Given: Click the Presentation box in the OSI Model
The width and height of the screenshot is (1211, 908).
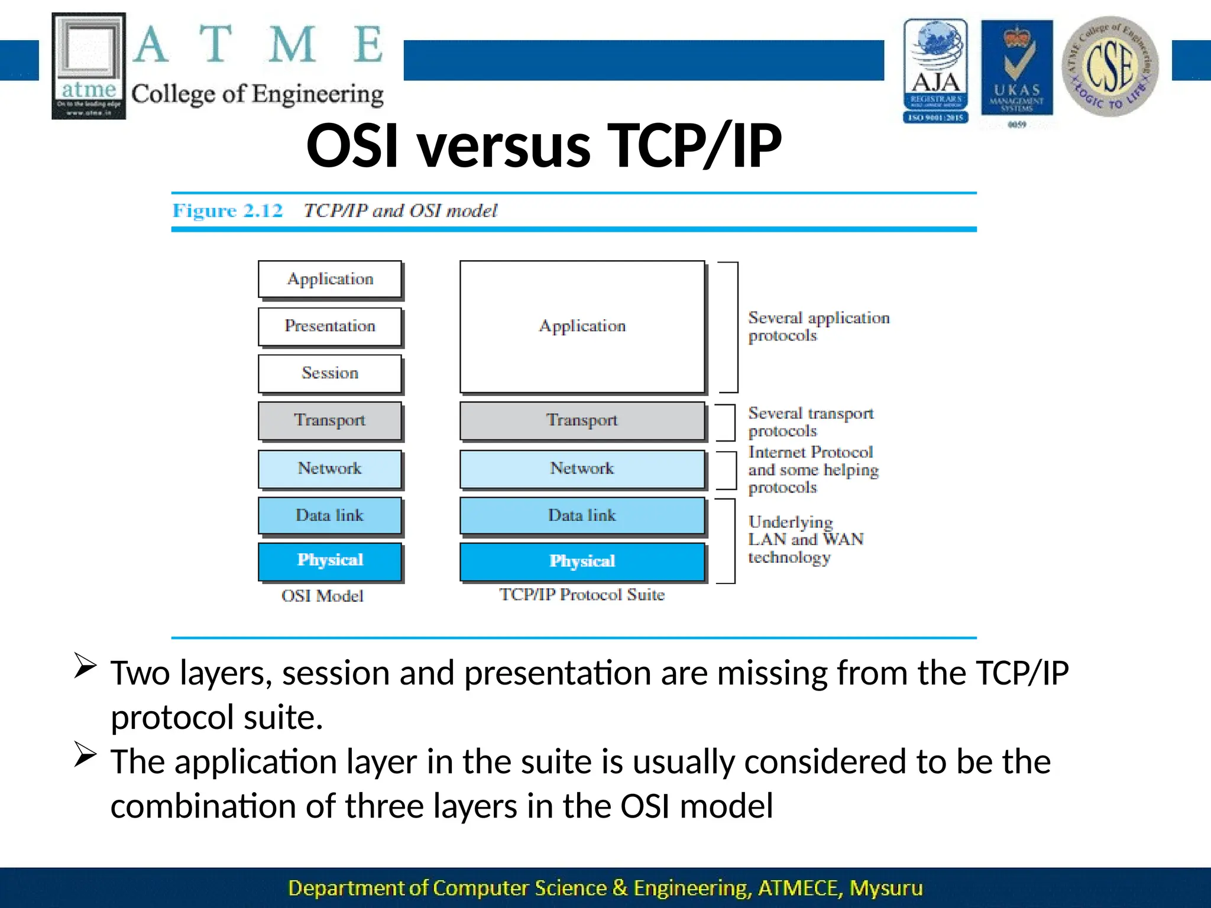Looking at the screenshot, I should click(x=330, y=326).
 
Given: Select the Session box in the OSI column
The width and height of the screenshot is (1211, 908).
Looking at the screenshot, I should click(x=330, y=373).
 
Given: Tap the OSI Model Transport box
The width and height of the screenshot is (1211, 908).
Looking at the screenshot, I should click(x=330, y=420).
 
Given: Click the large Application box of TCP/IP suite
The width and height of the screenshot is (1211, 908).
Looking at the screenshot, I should click(x=582, y=326).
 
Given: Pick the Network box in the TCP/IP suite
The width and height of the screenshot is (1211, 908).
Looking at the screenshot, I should click(x=582, y=469).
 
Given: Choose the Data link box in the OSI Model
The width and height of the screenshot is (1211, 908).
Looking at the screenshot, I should click(x=330, y=515).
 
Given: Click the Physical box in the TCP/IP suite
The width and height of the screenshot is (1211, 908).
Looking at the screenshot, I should click(x=582, y=561).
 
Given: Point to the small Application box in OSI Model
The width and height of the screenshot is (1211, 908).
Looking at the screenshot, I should click(x=330, y=279).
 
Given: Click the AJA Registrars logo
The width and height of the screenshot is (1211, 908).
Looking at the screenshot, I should click(x=935, y=71).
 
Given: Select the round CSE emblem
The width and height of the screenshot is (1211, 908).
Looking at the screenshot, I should click(x=1110, y=66).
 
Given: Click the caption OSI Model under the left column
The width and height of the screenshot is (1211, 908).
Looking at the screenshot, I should click(x=322, y=596).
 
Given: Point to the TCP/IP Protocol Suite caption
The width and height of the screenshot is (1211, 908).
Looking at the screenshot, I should click(x=582, y=595).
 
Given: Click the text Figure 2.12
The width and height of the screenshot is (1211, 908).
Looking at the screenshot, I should click(x=228, y=211).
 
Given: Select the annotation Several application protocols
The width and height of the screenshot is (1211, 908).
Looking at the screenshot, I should click(x=818, y=326).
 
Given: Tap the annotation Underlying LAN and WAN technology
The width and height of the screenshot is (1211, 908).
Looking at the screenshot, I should click(x=805, y=539).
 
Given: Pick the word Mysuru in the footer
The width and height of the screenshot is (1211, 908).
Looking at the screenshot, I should click(x=885, y=888).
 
